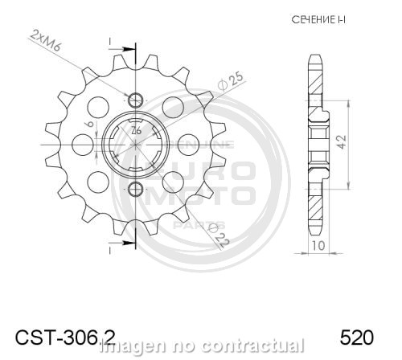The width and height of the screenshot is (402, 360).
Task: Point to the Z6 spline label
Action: pyautogui.click(x=137, y=130)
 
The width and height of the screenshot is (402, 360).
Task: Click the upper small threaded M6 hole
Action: pyautogui.click(x=135, y=100)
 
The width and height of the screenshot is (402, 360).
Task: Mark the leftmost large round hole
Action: pyautogui.click(x=82, y=145)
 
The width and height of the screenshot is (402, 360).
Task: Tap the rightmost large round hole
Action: pyautogui.click(x=190, y=145)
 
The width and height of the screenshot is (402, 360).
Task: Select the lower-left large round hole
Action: pyautogui.click(x=98, y=182)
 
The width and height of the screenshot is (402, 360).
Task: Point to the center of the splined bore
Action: pyautogui.click(x=136, y=144)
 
